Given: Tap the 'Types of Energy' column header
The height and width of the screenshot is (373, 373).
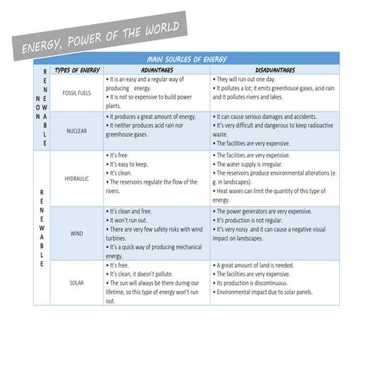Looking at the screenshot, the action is pyautogui.click(x=77, y=69).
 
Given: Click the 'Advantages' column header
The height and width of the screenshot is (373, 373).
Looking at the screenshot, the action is pyautogui.click(x=157, y=69).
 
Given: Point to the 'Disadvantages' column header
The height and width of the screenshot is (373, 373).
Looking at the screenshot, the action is pyautogui.click(x=274, y=69).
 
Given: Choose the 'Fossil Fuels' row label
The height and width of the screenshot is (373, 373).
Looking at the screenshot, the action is pyautogui.click(x=76, y=93).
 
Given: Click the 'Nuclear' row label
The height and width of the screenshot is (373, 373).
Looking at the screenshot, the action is pyautogui.click(x=76, y=130).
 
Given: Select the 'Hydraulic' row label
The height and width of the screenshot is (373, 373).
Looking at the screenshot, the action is pyautogui.click(x=76, y=179).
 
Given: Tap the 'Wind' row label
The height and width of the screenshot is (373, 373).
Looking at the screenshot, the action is pyautogui.click(x=77, y=234).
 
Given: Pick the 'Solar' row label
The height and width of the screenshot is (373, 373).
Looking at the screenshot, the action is pyautogui.click(x=77, y=283).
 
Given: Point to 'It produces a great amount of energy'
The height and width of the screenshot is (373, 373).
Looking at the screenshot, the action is pyautogui.click(x=152, y=117).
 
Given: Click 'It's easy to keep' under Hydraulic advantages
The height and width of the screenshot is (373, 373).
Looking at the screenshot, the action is pyautogui.click(x=128, y=164).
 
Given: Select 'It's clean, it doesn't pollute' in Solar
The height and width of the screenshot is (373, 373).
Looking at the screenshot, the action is pyautogui.click(x=145, y=274).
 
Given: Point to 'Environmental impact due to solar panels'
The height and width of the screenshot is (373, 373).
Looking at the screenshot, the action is pyautogui.click(x=264, y=292).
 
